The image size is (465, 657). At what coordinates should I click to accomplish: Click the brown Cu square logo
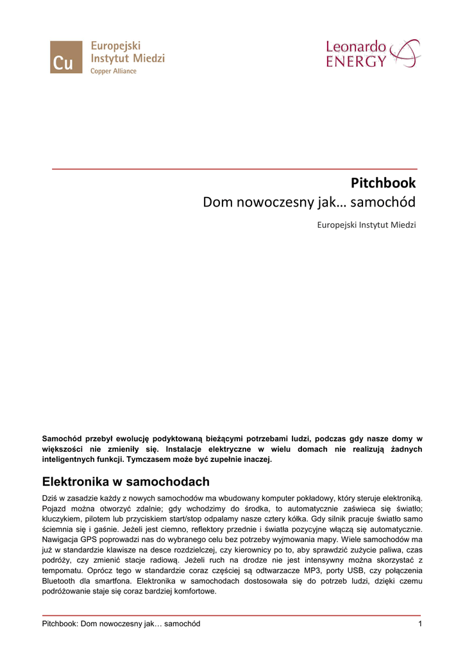(x=66, y=56)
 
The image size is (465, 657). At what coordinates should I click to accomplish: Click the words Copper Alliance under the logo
(x=113, y=71)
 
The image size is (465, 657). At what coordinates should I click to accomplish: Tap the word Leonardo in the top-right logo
(x=356, y=47)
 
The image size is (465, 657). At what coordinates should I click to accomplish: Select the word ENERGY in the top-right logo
(x=357, y=62)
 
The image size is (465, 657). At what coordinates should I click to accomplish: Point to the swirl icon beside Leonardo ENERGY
(x=405, y=53)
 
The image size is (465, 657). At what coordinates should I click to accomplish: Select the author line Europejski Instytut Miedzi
(x=367, y=225)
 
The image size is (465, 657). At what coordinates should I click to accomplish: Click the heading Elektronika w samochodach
(x=126, y=481)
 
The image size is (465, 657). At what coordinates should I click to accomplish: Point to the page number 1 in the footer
(x=419, y=624)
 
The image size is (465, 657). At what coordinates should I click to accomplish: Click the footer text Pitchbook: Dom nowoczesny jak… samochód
(x=121, y=624)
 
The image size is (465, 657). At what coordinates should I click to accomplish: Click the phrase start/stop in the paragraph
(x=192, y=520)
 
